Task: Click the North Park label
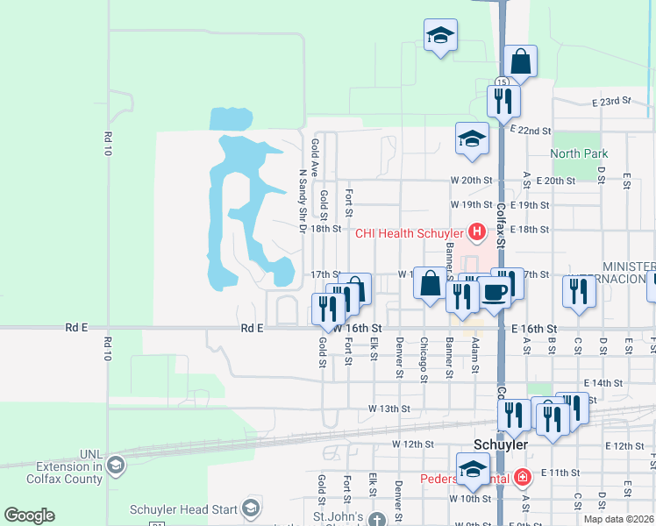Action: click(x=579, y=153)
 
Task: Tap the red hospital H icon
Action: click(x=476, y=232)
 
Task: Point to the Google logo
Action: click(x=29, y=515)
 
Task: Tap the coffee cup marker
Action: click(x=494, y=292)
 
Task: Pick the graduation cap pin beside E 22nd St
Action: click(x=472, y=138)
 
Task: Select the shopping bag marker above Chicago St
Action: click(x=430, y=283)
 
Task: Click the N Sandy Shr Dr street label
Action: click(x=303, y=201)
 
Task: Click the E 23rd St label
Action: click(x=610, y=102)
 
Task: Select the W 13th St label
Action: click(x=389, y=409)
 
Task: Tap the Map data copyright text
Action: click(x=618, y=519)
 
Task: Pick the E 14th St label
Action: click(x=602, y=383)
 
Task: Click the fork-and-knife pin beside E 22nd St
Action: click(x=503, y=101)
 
